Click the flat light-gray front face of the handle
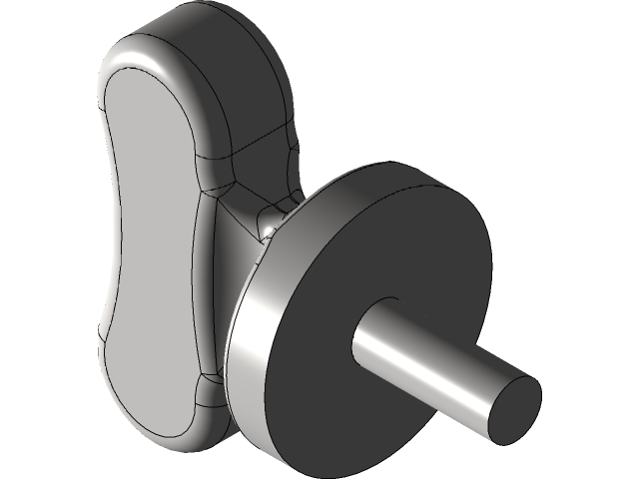[x=150, y=249]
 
